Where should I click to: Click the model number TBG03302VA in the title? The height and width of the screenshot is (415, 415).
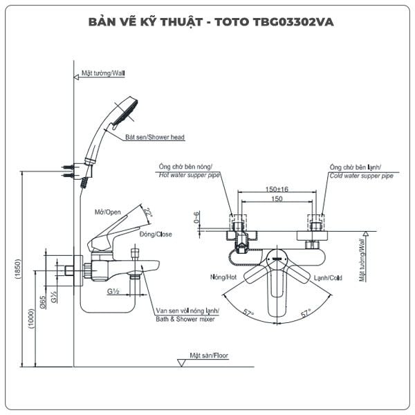pyautogui.click(x=293, y=22)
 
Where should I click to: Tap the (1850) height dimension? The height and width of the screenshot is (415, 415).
pyautogui.click(x=18, y=269)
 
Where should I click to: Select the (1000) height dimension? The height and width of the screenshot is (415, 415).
pyautogui.click(x=32, y=318)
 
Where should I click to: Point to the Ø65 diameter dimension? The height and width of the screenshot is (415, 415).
pyautogui.click(x=43, y=302)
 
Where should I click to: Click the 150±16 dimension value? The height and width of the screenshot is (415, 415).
pyautogui.click(x=277, y=190)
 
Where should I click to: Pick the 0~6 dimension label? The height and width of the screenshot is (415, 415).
pyautogui.click(x=196, y=217)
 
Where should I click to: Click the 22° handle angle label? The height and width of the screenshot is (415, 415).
pyautogui.click(x=148, y=213)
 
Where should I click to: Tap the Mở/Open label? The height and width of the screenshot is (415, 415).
pyautogui.click(x=108, y=212)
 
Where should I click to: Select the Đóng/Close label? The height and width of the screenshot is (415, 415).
pyautogui.click(x=156, y=234)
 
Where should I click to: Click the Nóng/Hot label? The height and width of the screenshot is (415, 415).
pyautogui.click(x=223, y=277)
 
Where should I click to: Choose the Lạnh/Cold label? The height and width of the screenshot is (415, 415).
pyautogui.click(x=328, y=278)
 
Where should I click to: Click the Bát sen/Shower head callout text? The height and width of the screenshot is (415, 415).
pyautogui.click(x=155, y=137)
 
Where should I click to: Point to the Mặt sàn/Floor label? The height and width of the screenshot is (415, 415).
pyautogui.click(x=209, y=356)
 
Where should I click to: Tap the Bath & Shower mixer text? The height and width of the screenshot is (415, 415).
pyautogui.click(x=185, y=319)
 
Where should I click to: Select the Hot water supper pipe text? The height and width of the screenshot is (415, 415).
pyautogui.click(x=189, y=175)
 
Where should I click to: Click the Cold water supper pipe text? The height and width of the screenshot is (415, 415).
pyautogui.click(x=361, y=176)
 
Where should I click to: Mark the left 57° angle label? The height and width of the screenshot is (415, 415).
pyautogui.click(x=248, y=313)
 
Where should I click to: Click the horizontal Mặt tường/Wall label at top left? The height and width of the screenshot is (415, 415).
pyautogui.click(x=103, y=73)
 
